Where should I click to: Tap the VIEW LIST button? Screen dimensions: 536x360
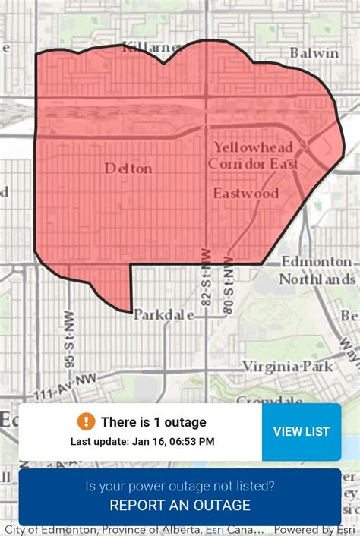[x=301, y=431]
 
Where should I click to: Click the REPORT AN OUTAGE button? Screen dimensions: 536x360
[x=180, y=505]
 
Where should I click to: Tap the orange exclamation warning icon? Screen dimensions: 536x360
[x=86, y=421]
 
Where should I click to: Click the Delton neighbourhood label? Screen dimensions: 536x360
[x=128, y=169]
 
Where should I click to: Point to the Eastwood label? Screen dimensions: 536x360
[x=245, y=193]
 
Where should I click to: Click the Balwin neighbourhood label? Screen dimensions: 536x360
[x=314, y=53]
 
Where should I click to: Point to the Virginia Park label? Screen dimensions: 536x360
[x=287, y=366]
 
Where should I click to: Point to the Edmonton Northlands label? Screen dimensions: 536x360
[x=317, y=270]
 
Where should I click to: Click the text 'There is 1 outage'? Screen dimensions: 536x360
[x=153, y=422]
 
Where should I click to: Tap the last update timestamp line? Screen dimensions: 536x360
[x=142, y=441]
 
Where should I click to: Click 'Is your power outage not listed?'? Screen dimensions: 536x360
[x=180, y=486]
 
